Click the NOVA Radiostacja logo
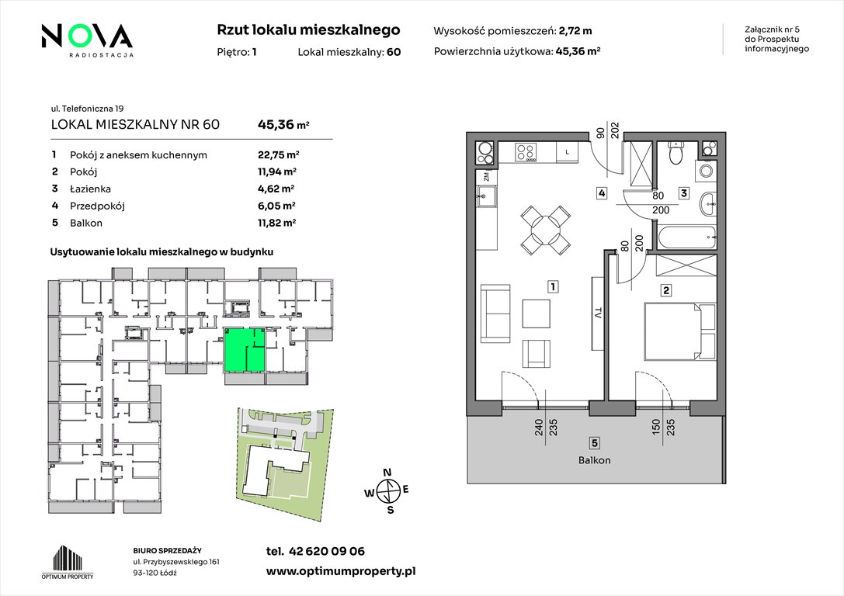(x=87, y=40)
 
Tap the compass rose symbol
(x=387, y=490)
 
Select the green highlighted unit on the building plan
(x=245, y=349)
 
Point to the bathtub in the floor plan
(x=686, y=237)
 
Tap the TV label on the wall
(x=597, y=314)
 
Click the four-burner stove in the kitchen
(x=526, y=151)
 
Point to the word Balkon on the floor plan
(x=594, y=460)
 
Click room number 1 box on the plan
(x=552, y=286)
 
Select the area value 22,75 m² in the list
(x=278, y=155)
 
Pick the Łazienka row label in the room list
(x=90, y=189)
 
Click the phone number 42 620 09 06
(x=327, y=551)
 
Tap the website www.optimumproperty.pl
(x=341, y=572)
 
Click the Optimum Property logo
(x=68, y=562)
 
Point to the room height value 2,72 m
(x=575, y=31)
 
